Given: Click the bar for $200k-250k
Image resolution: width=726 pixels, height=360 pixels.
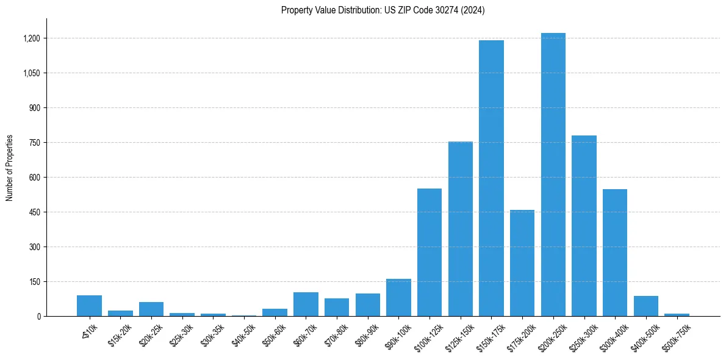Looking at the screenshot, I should coord(553,175).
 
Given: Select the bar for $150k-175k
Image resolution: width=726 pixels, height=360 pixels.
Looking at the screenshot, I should coord(491,178).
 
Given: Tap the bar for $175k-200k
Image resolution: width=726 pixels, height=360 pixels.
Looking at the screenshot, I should coord(522,263).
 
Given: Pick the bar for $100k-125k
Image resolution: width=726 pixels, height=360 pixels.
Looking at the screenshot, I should coord(429,252).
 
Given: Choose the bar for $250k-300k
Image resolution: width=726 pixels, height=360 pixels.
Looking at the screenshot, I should coord(584,226).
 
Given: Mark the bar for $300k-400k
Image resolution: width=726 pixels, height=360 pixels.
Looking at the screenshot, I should coord(614,253).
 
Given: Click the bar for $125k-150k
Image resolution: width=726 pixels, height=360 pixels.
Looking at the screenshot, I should coord(460,229).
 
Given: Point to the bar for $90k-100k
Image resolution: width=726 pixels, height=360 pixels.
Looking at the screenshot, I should coord(398,298).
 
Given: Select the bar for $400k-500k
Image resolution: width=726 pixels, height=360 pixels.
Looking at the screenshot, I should coord(645,306).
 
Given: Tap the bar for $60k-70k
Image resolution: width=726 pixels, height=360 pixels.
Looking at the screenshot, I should coord(306,304).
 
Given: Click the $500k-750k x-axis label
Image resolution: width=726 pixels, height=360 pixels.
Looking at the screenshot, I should coord(675,334).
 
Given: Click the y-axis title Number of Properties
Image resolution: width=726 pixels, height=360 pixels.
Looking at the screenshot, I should coord(9,168).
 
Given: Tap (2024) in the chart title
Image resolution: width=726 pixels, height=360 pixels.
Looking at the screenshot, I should coord(474,10).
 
